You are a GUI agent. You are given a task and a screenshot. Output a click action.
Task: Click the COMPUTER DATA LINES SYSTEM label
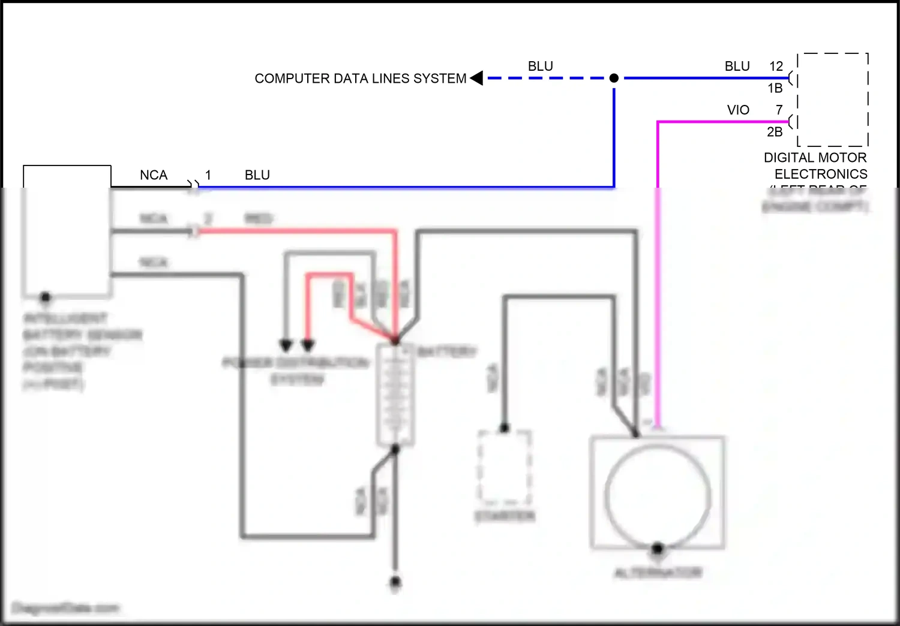pyautogui.click(x=360, y=79)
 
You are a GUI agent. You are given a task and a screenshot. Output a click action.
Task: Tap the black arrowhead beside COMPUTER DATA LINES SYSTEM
pyautogui.click(x=477, y=78)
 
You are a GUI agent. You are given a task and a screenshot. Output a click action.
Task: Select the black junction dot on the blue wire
pyautogui.click(x=614, y=78)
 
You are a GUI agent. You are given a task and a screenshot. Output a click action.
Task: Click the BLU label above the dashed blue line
pyautogui.click(x=540, y=66)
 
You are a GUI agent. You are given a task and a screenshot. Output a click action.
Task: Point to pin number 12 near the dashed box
pyautogui.click(x=776, y=66)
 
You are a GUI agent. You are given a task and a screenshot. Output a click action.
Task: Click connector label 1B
pyautogui.click(x=775, y=88)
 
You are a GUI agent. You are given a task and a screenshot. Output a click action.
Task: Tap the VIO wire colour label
pyautogui.click(x=738, y=110)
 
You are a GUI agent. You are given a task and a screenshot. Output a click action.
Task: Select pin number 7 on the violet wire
pyautogui.click(x=779, y=110)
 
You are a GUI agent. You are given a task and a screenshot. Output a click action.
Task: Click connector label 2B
pyautogui.click(x=775, y=132)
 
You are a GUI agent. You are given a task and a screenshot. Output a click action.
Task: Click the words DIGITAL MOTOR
pyautogui.click(x=815, y=158)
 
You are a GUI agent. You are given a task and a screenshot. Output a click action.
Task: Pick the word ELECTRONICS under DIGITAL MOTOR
pyautogui.click(x=821, y=174)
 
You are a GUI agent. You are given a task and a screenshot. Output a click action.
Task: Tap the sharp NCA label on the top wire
pyautogui.click(x=154, y=175)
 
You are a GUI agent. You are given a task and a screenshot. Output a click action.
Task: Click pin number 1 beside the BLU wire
pyautogui.click(x=208, y=175)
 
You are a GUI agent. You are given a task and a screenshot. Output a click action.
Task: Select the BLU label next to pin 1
pyautogui.click(x=257, y=175)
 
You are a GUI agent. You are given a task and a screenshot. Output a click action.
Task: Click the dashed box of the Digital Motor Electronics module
pyautogui.click(x=833, y=100)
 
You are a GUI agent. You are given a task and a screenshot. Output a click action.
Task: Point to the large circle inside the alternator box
pyautogui.click(x=658, y=496)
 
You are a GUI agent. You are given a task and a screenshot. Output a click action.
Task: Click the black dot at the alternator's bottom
pyautogui.click(x=658, y=548)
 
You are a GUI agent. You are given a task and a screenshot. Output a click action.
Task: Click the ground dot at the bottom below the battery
pyautogui.click(x=395, y=582)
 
